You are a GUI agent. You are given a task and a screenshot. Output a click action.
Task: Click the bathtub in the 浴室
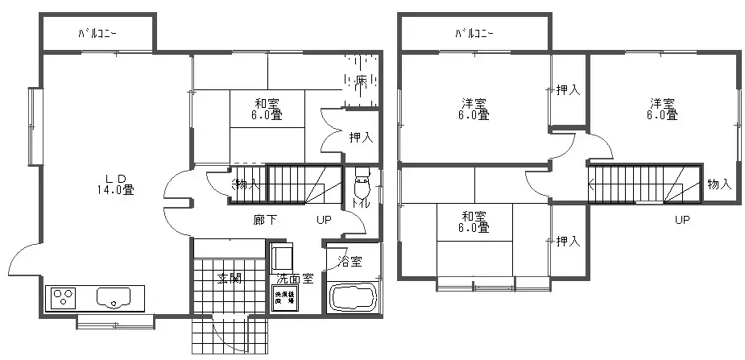click(x=354, y=296)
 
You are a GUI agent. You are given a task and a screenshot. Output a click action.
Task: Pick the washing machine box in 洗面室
click(x=284, y=298)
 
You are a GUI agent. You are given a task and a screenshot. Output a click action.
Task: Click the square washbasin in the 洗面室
click(x=283, y=259)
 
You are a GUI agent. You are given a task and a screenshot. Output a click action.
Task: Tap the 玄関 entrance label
click(x=230, y=278)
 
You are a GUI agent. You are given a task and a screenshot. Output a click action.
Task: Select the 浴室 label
click(x=350, y=261)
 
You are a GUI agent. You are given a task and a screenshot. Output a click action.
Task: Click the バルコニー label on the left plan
click(x=97, y=34)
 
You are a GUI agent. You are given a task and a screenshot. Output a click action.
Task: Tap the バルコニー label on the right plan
click(x=474, y=34)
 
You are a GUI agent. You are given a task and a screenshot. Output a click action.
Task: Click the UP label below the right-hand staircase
click(x=681, y=220)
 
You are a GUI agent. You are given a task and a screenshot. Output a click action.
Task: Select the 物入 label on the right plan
click(x=718, y=184)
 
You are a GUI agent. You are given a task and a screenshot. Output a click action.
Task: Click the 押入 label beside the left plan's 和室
click(x=361, y=138)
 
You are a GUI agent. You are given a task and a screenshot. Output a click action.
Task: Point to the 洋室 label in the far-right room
click(x=663, y=109)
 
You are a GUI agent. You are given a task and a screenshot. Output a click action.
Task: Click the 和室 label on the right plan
click(x=474, y=222)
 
